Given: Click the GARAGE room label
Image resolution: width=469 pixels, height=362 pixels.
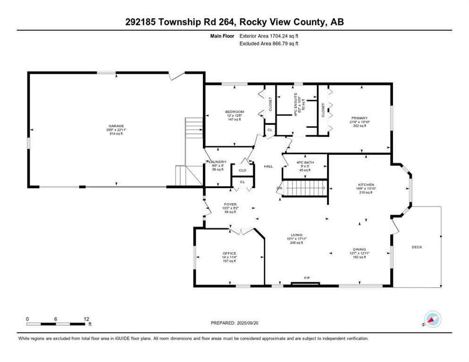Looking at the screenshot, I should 116,126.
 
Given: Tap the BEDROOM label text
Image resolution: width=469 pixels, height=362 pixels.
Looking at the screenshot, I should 234,112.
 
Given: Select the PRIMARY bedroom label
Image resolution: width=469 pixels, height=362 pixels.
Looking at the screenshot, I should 359,118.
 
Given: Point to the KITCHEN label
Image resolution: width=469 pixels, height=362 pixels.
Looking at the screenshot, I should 366,184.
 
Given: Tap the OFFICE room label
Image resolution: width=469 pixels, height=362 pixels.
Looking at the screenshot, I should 229,253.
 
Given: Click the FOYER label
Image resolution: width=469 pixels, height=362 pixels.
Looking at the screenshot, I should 230,204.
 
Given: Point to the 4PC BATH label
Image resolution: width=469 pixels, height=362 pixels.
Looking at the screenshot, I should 305,163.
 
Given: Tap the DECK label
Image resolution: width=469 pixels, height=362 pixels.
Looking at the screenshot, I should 417,247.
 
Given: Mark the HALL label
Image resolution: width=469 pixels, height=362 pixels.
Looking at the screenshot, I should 268,166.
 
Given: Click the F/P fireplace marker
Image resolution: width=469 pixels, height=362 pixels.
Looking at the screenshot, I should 307,278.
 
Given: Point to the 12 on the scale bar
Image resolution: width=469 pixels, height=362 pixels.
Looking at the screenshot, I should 86,319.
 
